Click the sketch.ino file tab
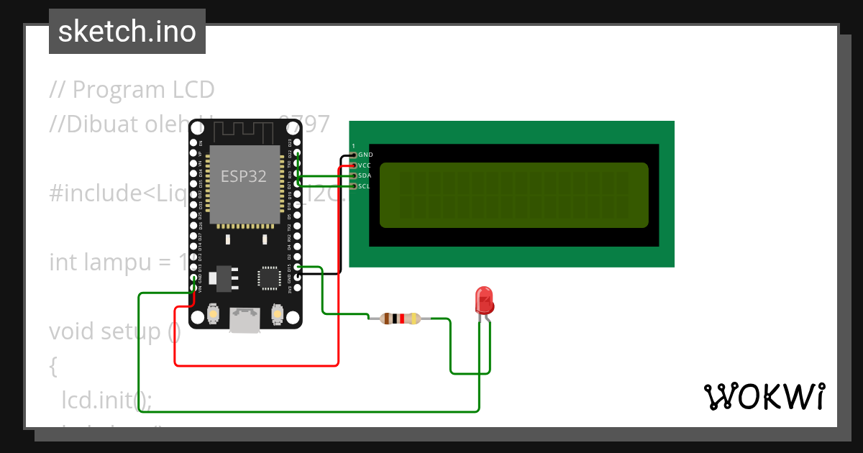click(127, 32)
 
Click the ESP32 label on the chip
click(243, 176)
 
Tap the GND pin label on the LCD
click(365, 155)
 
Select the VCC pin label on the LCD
click(365, 165)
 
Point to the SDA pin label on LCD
click(365, 175)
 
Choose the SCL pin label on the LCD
click(365, 186)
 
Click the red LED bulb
click(484, 299)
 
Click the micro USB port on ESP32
click(245, 320)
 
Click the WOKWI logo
click(764, 396)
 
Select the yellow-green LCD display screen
click(513, 195)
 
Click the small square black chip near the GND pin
click(270, 278)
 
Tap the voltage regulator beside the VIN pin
click(224, 278)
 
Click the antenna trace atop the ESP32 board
click(245, 132)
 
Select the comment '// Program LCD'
click(132, 90)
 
